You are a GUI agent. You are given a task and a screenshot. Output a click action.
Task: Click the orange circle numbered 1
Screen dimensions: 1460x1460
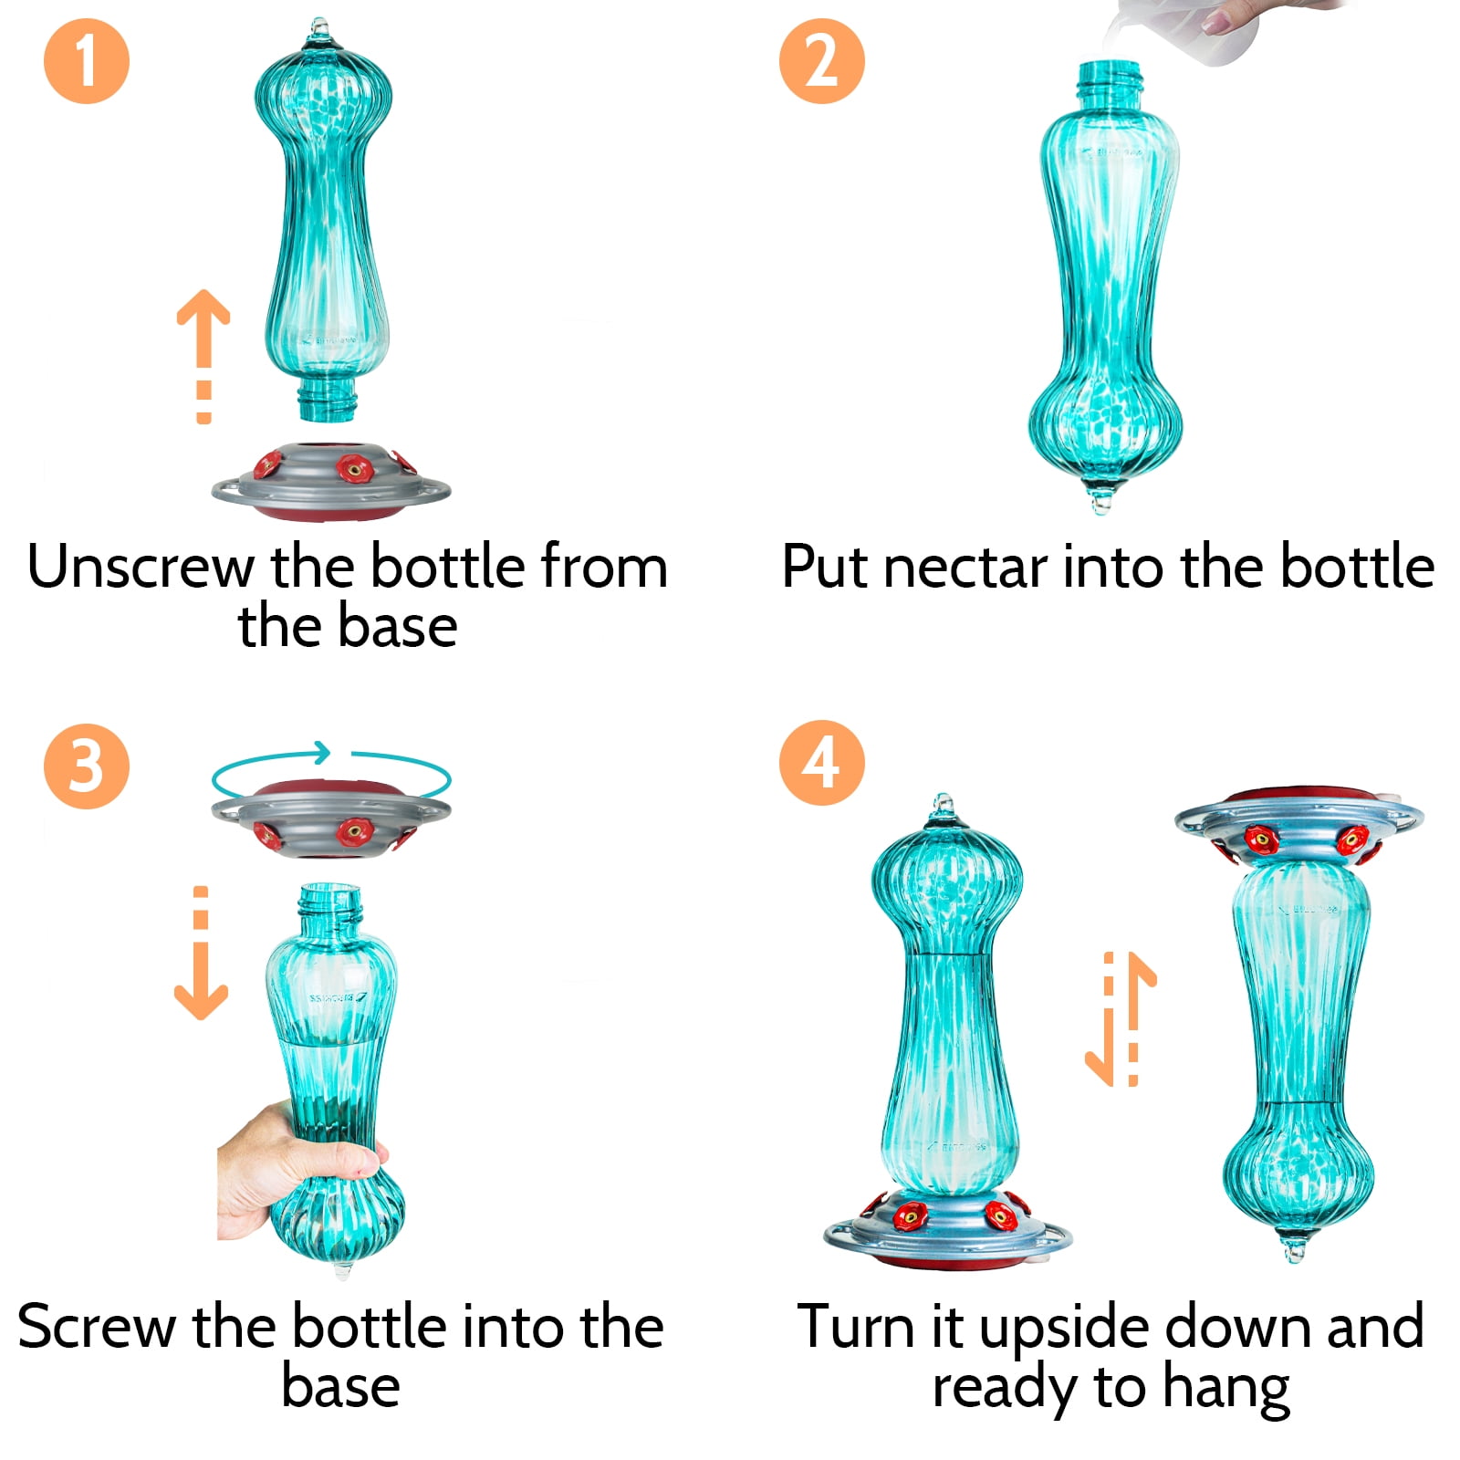coord(87,61)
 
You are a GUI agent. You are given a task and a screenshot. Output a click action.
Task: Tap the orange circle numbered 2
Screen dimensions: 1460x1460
coord(821,61)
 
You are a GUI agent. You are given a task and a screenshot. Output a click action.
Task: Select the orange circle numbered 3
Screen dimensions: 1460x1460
coord(87,766)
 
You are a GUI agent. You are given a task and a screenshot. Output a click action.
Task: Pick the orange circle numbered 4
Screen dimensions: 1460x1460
coord(821,763)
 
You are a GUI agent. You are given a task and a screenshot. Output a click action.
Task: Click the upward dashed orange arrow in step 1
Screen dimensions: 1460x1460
coord(203,356)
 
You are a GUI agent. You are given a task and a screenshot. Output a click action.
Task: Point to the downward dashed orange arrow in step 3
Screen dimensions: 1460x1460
coord(201,952)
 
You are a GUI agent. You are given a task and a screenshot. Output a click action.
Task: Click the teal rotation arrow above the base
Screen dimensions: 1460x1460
coord(331,771)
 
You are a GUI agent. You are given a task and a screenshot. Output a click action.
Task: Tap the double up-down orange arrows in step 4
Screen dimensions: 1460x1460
coord(1121,1018)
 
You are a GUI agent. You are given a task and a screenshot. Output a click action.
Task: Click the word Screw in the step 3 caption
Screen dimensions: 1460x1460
coord(97,1328)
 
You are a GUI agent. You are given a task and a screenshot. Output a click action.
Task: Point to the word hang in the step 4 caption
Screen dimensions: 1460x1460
coord(1225,1391)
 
